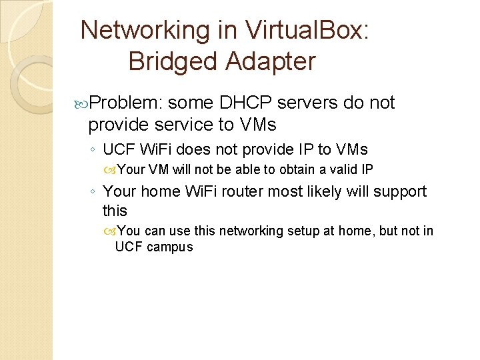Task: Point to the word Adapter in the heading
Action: click(271, 61)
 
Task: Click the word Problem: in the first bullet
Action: click(126, 103)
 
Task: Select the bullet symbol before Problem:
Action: click(82, 103)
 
